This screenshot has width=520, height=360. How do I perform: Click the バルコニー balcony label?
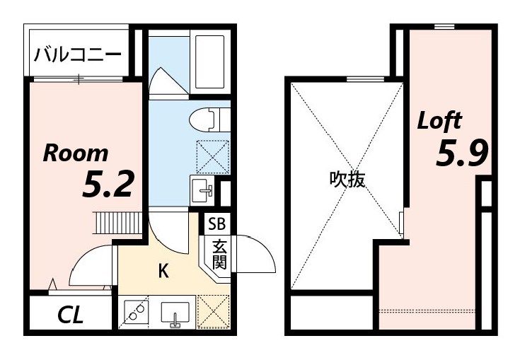77,54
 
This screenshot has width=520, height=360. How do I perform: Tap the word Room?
76,153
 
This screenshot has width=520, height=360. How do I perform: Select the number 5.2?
108,185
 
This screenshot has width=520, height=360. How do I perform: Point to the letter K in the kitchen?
162,271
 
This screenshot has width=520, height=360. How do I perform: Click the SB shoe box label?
217,225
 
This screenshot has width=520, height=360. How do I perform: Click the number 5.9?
462,153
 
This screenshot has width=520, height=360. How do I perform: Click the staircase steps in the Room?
120,222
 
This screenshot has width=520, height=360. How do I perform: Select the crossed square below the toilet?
213,156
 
